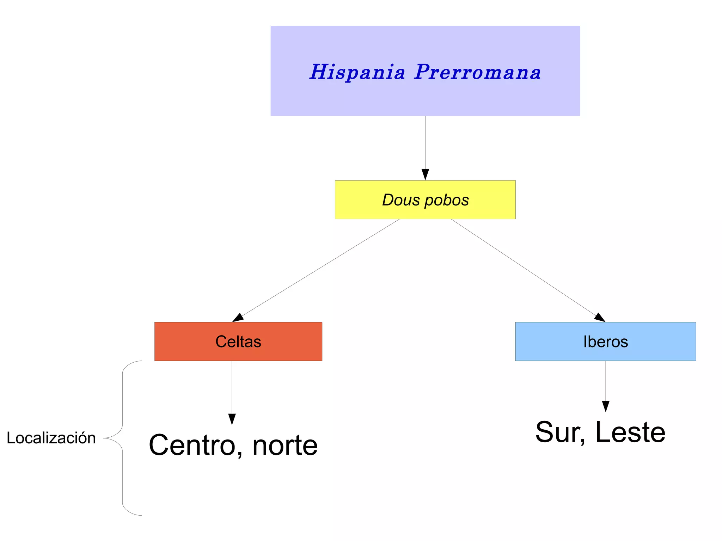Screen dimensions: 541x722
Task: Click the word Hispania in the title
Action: click(357, 72)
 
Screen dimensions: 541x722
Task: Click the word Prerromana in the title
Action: click(477, 72)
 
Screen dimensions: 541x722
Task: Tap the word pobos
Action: click(447, 200)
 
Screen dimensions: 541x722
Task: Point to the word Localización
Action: click(51, 438)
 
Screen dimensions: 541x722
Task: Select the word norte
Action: click(285, 445)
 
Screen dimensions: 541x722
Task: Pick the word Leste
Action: click(630, 432)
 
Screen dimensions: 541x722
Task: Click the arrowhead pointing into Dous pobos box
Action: click(425, 175)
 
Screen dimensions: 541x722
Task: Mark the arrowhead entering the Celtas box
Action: click(238, 318)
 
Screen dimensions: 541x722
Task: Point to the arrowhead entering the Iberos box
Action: click(600, 318)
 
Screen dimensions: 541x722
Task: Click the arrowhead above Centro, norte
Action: click(232, 419)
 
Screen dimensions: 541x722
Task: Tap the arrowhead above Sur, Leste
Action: click(605, 406)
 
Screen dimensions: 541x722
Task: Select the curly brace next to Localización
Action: click(122, 438)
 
